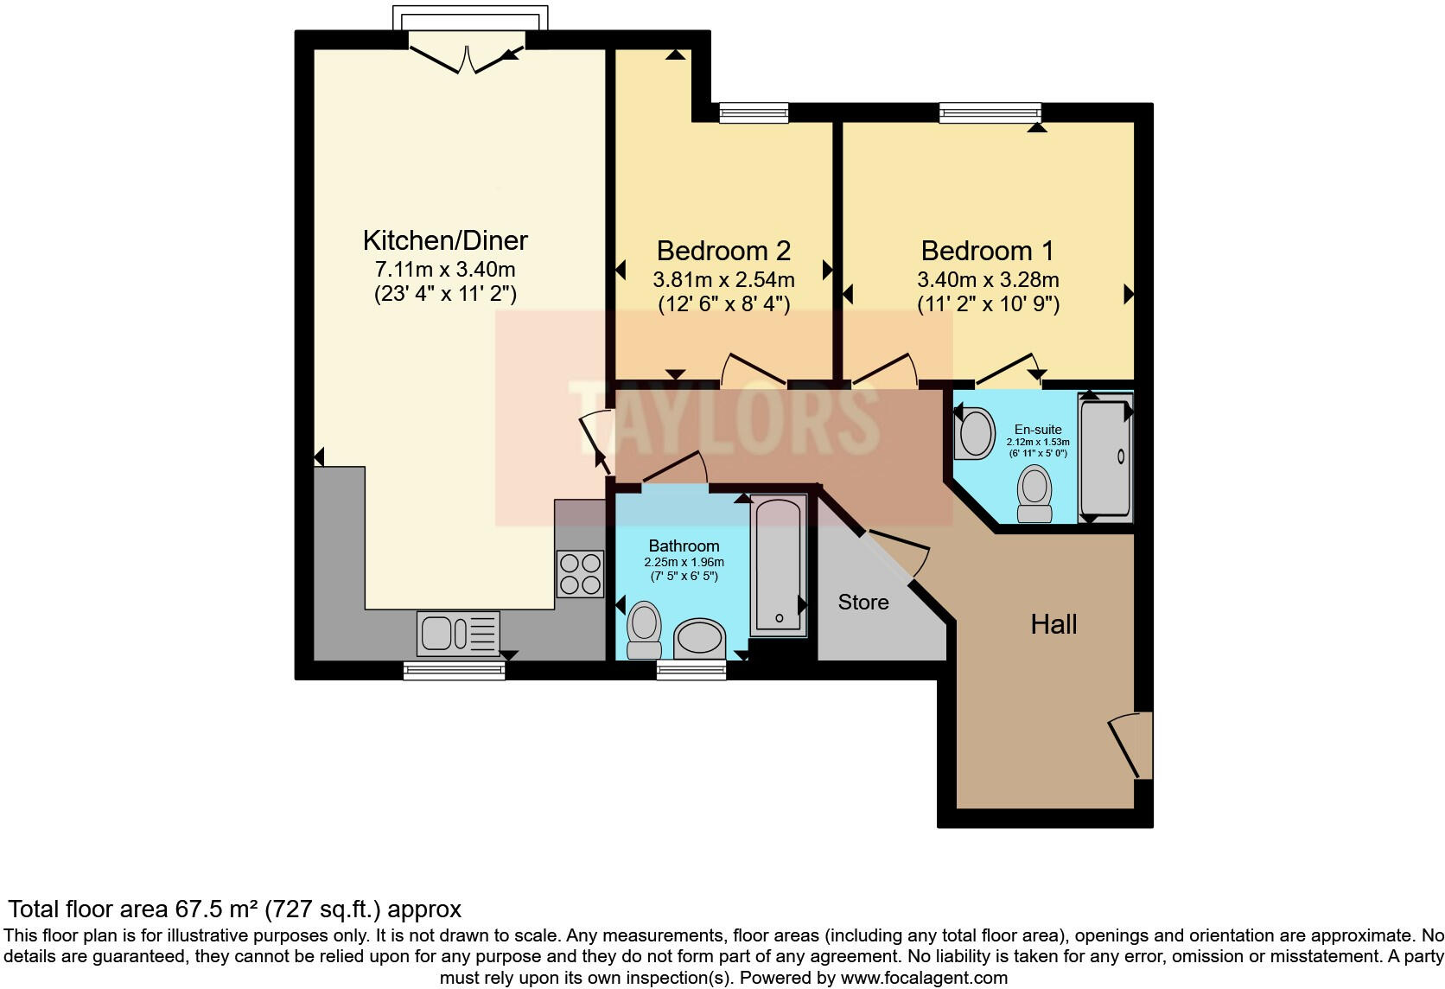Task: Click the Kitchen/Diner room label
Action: coord(445,239)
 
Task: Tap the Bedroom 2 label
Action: coord(722,251)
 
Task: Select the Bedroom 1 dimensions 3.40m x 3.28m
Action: coord(987,279)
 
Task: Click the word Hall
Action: coord(1053,624)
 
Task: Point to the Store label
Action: coord(863,603)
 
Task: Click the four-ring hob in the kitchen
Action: coord(580,574)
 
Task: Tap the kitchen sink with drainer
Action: coord(458,633)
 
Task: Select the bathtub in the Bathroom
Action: coord(779,566)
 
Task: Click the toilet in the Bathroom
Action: coord(643,630)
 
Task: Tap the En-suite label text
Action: coord(1037,430)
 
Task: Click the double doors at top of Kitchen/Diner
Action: coord(467,56)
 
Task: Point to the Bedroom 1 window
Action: coord(990,112)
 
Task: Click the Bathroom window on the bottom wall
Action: coord(691,670)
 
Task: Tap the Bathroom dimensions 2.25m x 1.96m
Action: coord(684,562)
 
